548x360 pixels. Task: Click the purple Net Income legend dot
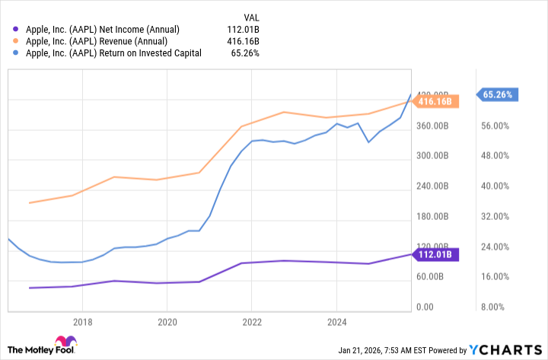tap(16, 29)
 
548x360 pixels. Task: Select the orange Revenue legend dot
tap(16, 41)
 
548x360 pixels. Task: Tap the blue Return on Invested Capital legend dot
tap(16, 53)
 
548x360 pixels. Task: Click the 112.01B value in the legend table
tap(244, 29)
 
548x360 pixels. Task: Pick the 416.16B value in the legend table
tap(244, 41)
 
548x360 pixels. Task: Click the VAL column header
tap(251, 15)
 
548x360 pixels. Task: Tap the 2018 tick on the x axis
tap(82, 322)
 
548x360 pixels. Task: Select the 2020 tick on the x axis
tap(167, 322)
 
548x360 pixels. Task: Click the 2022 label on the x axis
tap(252, 322)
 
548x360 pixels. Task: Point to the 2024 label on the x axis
tap(336, 322)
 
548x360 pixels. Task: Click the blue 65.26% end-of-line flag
tap(499, 95)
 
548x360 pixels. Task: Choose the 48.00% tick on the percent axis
tap(499, 156)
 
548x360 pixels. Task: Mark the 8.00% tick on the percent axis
tap(502, 307)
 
